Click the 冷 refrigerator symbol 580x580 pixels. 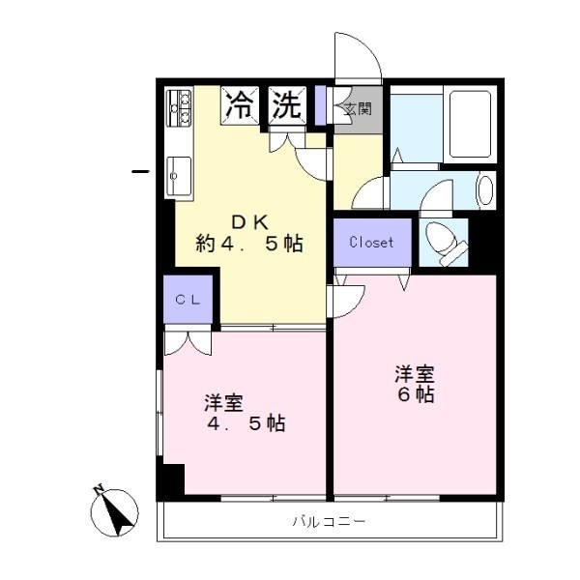click(240, 105)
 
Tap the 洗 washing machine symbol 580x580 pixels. click(287, 105)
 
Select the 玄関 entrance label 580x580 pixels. click(358, 108)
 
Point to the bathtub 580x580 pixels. click(470, 125)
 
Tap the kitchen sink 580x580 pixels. click(179, 177)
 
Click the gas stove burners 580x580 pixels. click(180, 107)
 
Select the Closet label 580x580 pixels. click(371, 243)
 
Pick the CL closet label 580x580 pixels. click(188, 300)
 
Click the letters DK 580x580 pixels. click(250, 222)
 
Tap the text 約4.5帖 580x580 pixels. click(249, 244)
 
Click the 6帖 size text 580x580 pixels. click(416, 394)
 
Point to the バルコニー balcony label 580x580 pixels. click(329, 522)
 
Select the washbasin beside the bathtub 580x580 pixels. click(486, 189)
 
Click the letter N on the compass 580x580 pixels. click(98, 490)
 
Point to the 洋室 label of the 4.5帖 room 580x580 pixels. click(224, 403)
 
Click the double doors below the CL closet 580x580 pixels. click(188, 343)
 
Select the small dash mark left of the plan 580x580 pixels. click(140, 171)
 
